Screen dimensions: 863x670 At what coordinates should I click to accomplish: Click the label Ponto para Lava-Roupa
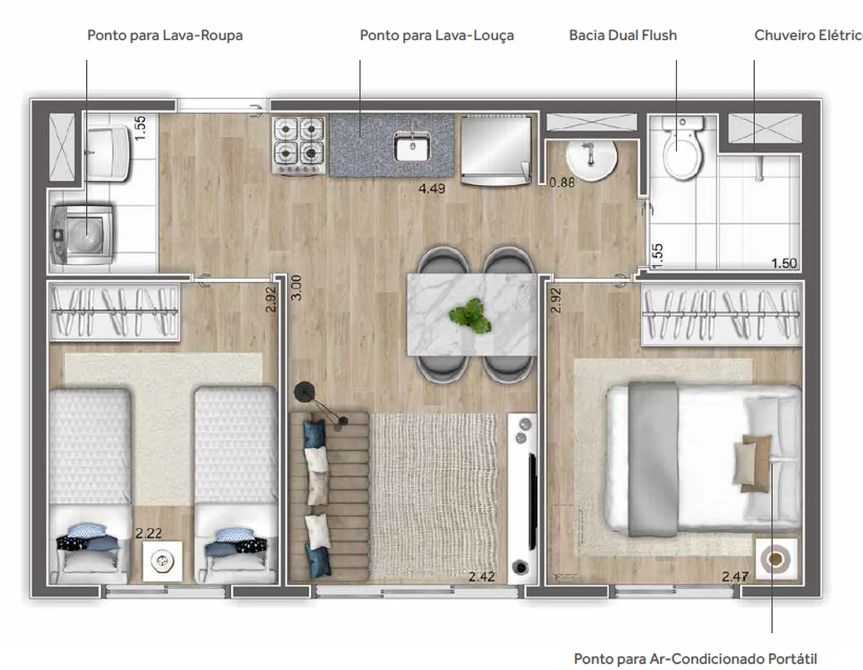(x=165, y=36)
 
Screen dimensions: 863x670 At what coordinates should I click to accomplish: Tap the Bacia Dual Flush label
(x=623, y=35)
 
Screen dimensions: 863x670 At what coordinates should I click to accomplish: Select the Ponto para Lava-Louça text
(x=437, y=36)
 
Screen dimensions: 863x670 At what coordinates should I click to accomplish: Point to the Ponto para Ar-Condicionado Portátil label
(x=695, y=659)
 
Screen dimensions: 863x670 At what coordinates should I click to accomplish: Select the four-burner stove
(x=298, y=145)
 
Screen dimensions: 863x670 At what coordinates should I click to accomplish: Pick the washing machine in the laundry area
(x=82, y=234)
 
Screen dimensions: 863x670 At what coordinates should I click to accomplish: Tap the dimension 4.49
(x=431, y=188)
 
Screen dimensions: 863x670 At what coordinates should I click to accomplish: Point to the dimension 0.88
(x=562, y=182)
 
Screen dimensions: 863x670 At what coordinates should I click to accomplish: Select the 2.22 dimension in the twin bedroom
(x=149, y=533)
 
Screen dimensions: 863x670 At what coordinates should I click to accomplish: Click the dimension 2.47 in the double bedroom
(x=735, y=576)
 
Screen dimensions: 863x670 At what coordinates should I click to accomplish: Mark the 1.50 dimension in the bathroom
(x=784, y=263)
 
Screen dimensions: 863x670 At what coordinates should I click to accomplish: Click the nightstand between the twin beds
(x=163, y=561)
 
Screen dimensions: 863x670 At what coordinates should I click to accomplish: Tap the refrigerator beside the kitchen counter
(x=496, y=150)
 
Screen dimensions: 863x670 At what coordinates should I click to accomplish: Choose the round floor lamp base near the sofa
(x=304, y=392)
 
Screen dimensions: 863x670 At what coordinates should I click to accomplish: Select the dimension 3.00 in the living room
(x=297, y=288)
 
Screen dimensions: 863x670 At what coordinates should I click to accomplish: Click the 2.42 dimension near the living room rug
(x=481, y=576)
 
